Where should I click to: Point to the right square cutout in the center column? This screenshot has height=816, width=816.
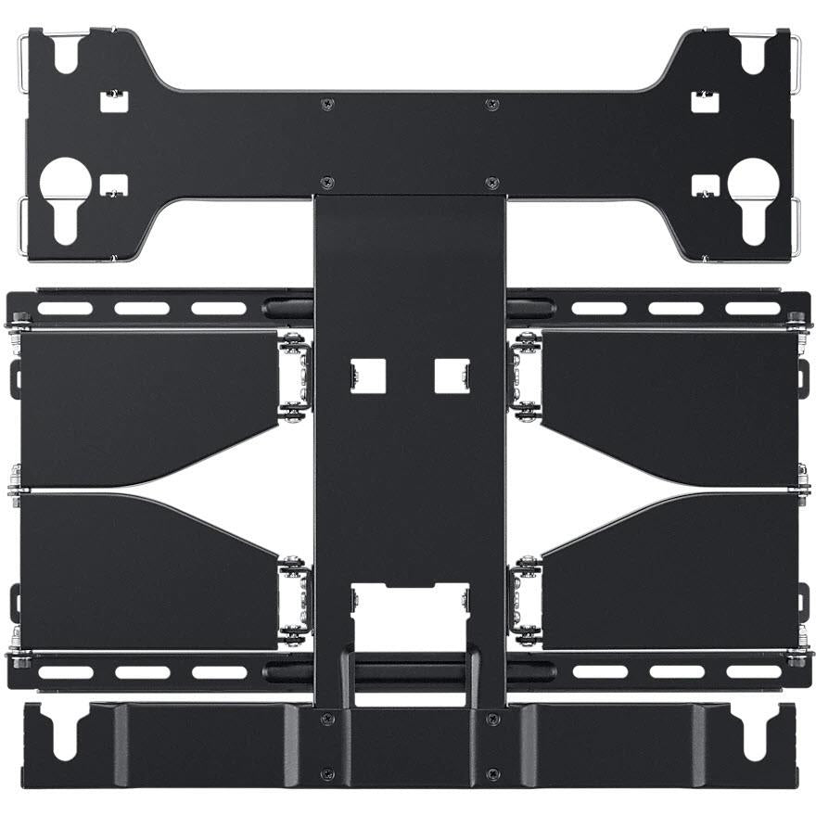tap(451, 375)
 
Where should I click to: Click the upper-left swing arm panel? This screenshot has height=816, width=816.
tap(148, 403)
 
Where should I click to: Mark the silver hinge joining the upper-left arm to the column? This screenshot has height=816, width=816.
tap(295, 375)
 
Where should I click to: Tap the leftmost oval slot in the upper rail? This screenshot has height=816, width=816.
tap(65, 308)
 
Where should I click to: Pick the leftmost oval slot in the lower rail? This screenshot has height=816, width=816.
tap(65, 671)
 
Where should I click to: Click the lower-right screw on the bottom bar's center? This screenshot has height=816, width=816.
tap(492, 774)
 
